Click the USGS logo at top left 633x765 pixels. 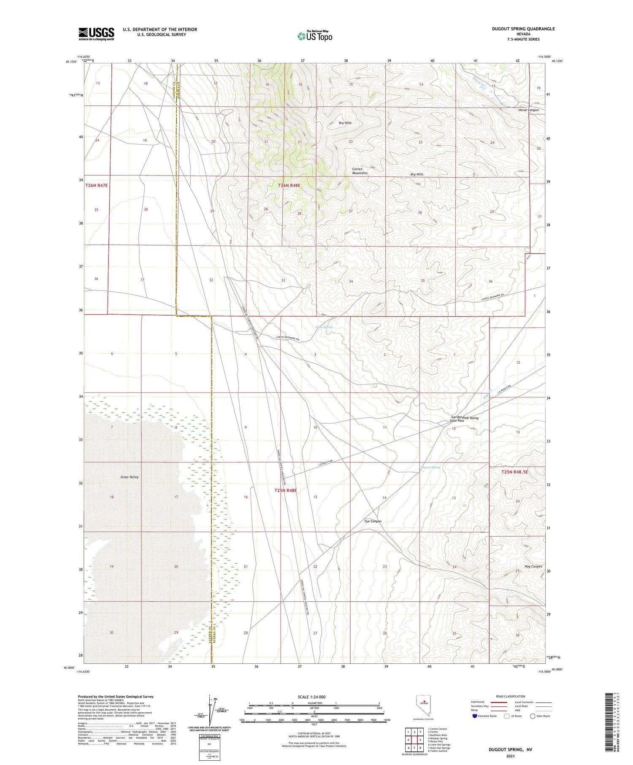click(96, 34)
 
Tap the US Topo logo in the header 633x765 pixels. click(315, 36)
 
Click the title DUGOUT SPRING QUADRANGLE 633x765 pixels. click(523, 29)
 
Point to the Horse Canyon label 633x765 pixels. click(528, 110)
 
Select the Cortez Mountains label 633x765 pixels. click(360, 171)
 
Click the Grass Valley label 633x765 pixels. click(129, 477)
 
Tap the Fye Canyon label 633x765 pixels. click(373, 521)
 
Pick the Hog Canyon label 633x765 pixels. click(533, 566)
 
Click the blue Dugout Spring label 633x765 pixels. click(430, 467)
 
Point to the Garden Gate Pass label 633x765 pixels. click(457, 419)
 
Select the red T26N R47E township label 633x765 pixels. click(97, 185)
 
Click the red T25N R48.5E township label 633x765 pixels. click(514, 472)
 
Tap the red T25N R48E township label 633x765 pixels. click(286, 490)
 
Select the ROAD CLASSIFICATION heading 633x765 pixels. click(511, 696)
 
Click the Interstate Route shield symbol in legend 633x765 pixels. click(475, 716)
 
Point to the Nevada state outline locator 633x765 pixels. click(424, 706)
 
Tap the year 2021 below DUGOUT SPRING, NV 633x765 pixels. click(511, 756)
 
